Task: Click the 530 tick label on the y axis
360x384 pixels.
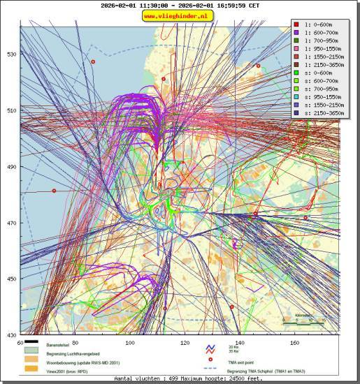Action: click(10, 54)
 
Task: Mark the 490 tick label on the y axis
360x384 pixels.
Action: click(10, 167)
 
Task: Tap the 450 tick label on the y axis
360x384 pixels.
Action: click(10, 279)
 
